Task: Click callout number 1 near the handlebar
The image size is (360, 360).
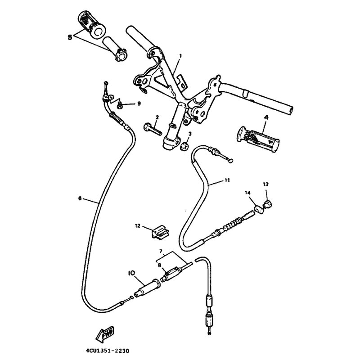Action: point(180,56)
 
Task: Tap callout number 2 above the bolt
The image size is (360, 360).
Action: point(157,117)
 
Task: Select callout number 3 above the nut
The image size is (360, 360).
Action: point(190,134)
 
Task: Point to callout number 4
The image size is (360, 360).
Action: point(266,117)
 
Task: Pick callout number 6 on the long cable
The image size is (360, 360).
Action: point(80,198)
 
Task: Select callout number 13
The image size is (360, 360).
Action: point(265,184)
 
